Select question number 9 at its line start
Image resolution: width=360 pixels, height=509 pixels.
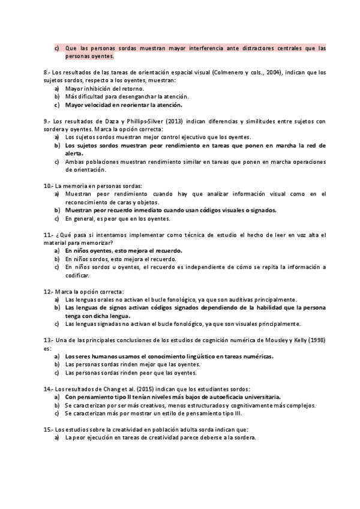point(47,121)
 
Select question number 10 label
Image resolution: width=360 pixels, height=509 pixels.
point(48,185)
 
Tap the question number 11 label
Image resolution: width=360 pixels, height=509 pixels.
point(48,234)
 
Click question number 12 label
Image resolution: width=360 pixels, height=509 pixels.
point(48,291)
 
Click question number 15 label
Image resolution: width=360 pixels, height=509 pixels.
point(48,429)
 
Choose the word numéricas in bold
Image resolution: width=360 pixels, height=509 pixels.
point(256,356)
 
